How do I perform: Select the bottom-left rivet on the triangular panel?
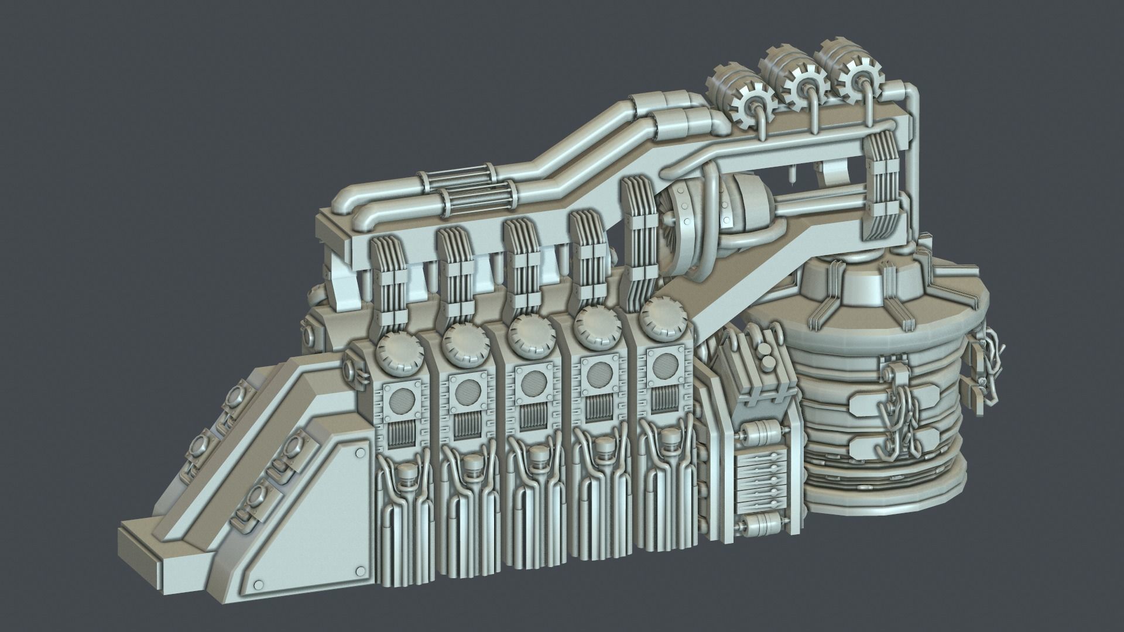pyautogui.click(x=256, y=587)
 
